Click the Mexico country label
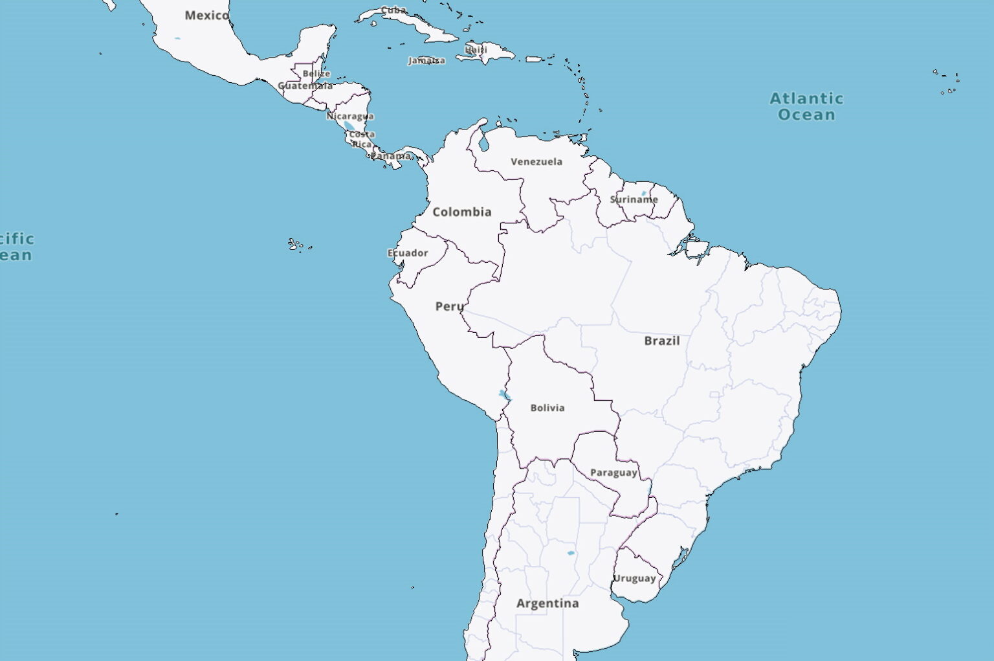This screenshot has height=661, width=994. (x=206, y=16)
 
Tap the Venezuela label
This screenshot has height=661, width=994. (x=536, y=162)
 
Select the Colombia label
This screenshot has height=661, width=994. (x=461, y=212)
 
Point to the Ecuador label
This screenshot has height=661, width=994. (x=408, y=252)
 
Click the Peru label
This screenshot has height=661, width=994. (x=449, y=306)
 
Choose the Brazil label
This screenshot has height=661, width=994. (x=661, y=341)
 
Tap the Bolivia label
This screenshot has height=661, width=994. (x=547, y=408)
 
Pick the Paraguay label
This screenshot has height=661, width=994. (x=613, y=473)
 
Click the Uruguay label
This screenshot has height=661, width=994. (x=635, y=578)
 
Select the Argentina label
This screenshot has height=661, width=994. (x=547, y=603)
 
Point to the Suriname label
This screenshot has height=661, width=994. (x=634, y=199)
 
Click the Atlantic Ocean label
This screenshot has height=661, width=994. (x=806, y=106)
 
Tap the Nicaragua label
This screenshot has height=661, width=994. (x=350, y=117)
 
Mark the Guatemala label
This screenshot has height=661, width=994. (x=305, y=85)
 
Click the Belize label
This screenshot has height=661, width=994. (x=316, y=74)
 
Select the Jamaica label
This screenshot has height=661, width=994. (x=426, y=61)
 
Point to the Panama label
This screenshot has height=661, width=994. (x=390, y=156)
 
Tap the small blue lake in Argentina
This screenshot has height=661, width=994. (x=571, y=553)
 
